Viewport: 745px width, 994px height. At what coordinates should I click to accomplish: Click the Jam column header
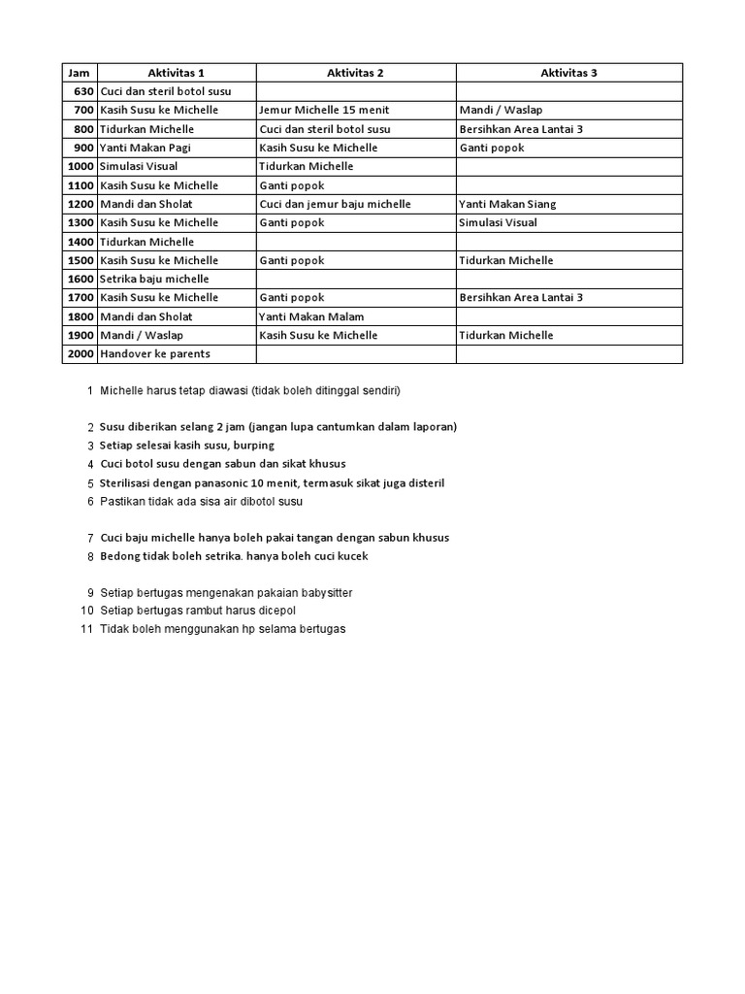77,73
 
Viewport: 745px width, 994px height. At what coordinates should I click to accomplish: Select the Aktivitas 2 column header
355,73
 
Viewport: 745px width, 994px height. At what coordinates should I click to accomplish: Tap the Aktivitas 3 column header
568,73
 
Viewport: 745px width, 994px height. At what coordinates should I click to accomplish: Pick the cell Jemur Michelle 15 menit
324,111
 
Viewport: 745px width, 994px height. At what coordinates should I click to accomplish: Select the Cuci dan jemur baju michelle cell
335,204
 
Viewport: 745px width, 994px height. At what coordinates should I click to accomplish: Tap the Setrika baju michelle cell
146,279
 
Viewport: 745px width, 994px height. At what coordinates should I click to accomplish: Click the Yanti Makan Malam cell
310,316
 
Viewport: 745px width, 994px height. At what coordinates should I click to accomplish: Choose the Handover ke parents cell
154,354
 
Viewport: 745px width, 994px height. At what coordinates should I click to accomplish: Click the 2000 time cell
80,354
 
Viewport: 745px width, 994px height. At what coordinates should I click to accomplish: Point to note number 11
86,629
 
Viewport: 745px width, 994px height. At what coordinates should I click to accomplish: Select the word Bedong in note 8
118,556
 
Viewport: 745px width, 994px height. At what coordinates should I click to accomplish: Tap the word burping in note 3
252,446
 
